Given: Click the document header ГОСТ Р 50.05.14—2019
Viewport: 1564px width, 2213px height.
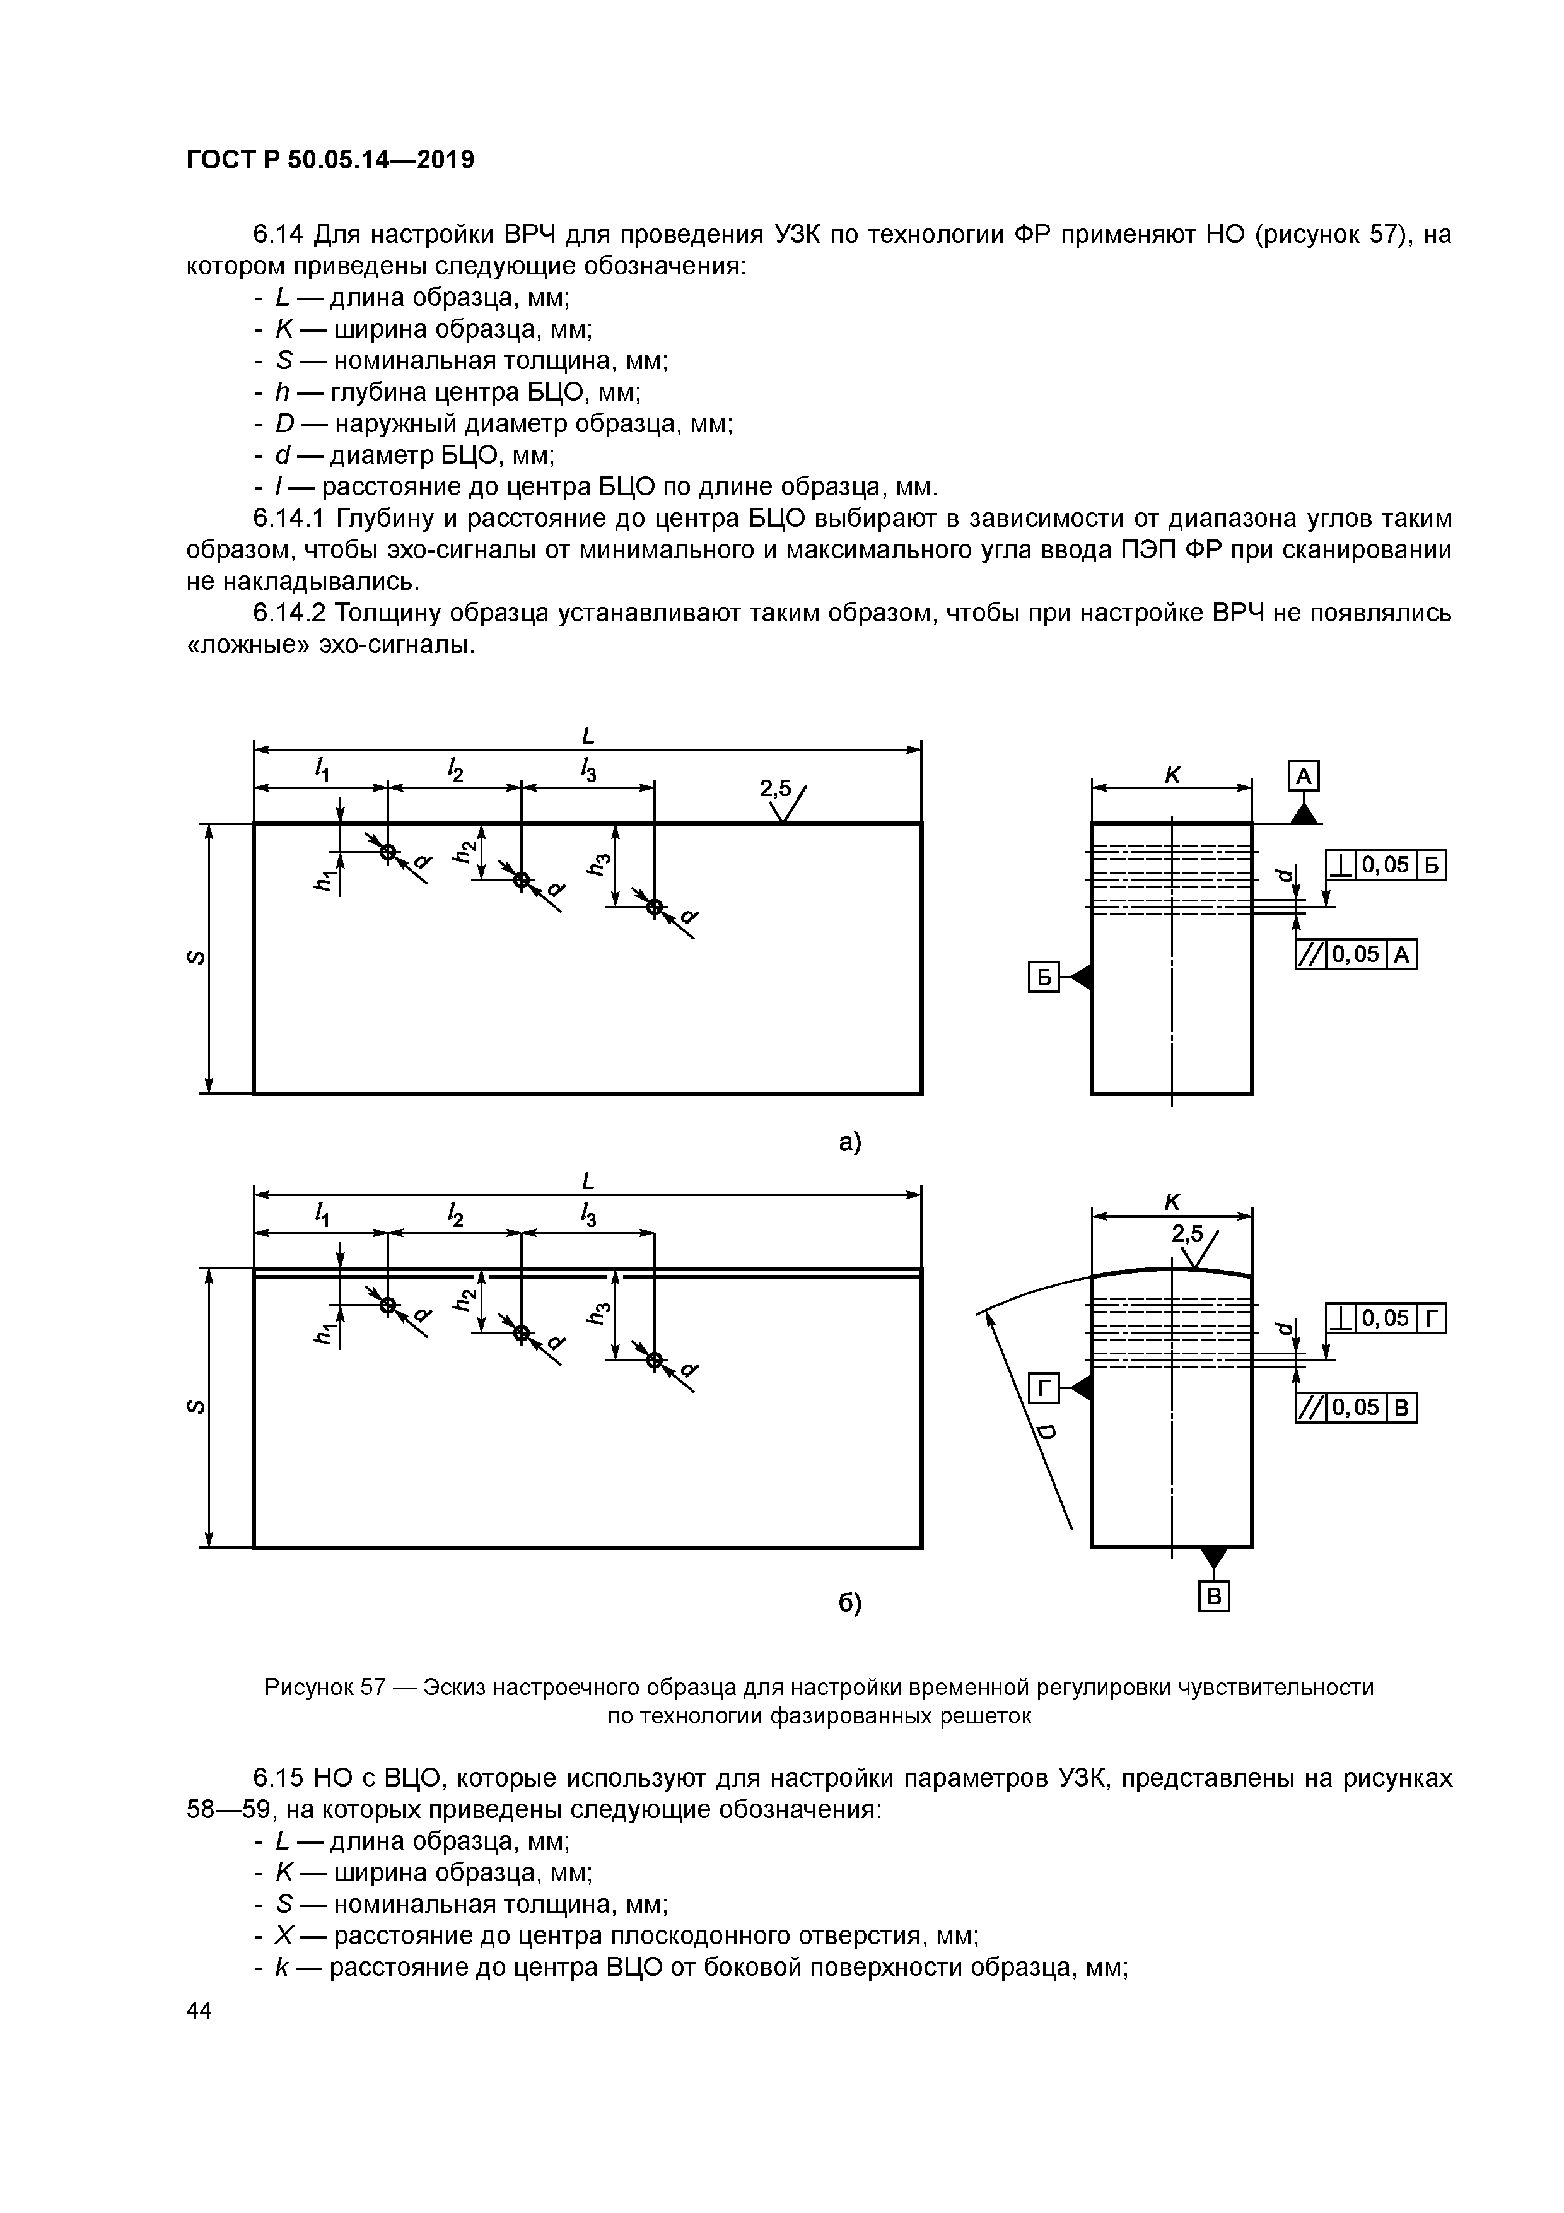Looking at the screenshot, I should [330, 160].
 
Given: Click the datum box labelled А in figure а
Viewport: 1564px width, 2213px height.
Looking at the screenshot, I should [1303, 776].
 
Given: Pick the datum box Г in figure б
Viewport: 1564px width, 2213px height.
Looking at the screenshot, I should [1044, 1389].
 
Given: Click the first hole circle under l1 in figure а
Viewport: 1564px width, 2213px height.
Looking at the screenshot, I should [387, 852].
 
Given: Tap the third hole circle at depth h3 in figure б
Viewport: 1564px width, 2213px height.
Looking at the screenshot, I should [655, 1360].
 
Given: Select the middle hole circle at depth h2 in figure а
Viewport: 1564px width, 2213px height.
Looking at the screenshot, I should [522, 880].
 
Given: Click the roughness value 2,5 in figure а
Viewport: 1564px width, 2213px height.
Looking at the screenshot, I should [775, 789].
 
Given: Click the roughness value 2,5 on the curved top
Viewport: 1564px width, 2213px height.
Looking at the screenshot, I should [1188, 1234].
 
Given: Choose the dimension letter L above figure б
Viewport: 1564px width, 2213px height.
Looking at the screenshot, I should [588, 1181].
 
